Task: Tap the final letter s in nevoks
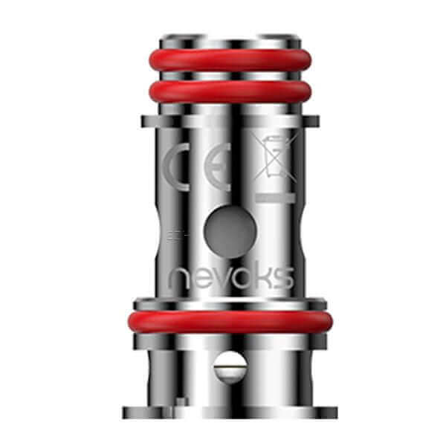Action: pyautogui.click(x=283, y=279)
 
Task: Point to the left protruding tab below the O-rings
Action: pyautogui.click(x=146, y=121)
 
